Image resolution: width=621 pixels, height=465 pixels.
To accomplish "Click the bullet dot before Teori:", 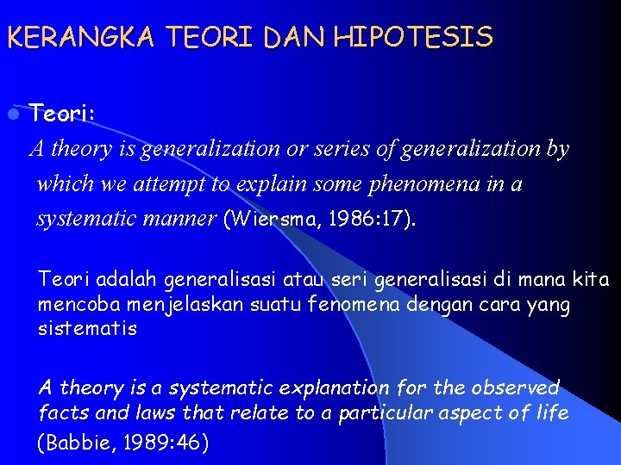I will (13, 114).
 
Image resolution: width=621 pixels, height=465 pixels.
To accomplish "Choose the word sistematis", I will (87, 329).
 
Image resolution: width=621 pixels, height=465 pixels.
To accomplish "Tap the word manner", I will (182, 219).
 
